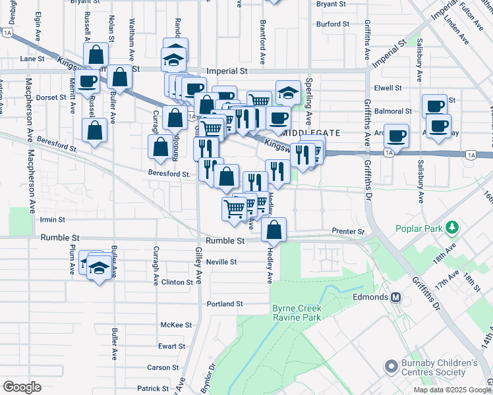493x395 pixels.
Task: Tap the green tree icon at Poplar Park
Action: click(451, 228)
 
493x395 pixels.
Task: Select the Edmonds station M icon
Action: click(397, 297)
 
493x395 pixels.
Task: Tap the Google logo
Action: click(22, 387)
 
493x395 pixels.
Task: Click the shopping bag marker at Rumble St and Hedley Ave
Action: click(274, 230)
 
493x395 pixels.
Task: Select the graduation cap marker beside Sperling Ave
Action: click(288, 93)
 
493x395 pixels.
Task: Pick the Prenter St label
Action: click(349, 232)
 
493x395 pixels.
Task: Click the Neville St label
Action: click(221, 262)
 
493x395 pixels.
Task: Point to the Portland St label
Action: click(225, 304)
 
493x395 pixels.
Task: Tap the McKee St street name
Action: click(177, 325)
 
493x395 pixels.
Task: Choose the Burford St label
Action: click(332, 24)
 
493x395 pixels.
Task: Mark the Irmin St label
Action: click(53, 220)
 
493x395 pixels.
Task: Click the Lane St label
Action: click(32, 59)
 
